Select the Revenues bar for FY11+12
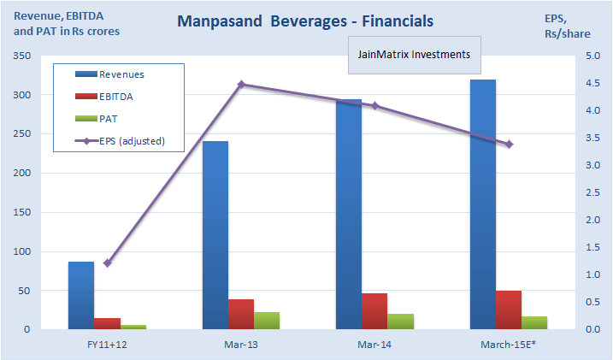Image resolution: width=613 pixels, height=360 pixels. click(x=81, y=295)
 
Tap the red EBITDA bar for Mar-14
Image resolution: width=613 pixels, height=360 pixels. click(x=374, y=311)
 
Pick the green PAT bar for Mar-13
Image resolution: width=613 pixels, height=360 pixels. click(x=267, y=321)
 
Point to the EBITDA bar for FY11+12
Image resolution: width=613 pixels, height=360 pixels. click(x=107, y=323)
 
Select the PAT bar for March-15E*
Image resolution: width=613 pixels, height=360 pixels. click(x=534, y=322)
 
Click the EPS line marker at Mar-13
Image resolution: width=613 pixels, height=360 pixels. click(x=241, y=85)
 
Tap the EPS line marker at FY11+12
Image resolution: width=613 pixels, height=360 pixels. click(x=107, y=263)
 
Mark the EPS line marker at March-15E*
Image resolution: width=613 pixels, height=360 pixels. click(x=509, y=145)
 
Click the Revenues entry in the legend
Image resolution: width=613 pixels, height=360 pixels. click(x=121, y=75)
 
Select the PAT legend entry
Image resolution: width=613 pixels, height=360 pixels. click(x=109, y=119)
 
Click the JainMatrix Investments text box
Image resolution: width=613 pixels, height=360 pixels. click(x=415, y=56)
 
